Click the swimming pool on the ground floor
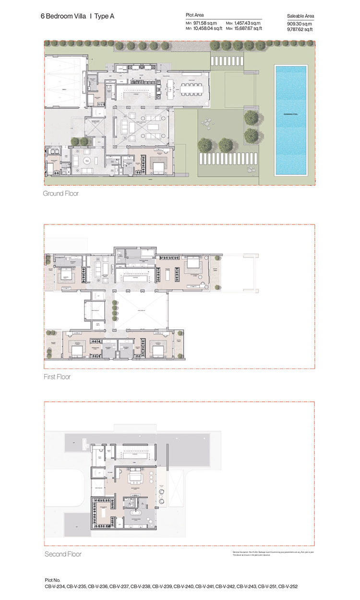coord(290,120)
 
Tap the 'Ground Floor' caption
coord(60,194)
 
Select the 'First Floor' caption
coord(57,377)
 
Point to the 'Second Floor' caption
coord(63,554)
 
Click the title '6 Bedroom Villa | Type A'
coord(77,16)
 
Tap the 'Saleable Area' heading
coord(300,16)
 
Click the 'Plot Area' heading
coord(195,15)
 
